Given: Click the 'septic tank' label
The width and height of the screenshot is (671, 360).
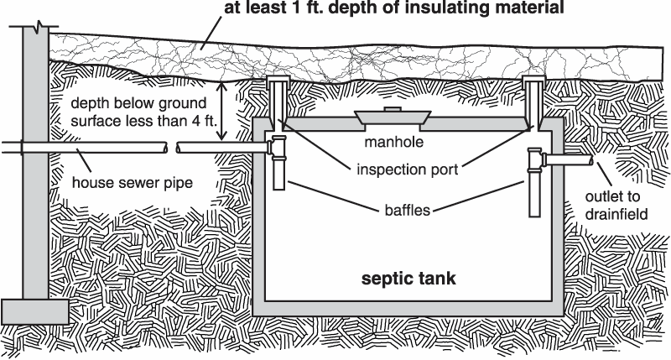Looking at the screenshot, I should click(408, 279).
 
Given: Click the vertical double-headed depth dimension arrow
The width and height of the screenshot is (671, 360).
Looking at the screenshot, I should click(222, 110).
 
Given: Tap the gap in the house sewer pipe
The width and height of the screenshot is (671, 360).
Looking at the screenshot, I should click(168, 149).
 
